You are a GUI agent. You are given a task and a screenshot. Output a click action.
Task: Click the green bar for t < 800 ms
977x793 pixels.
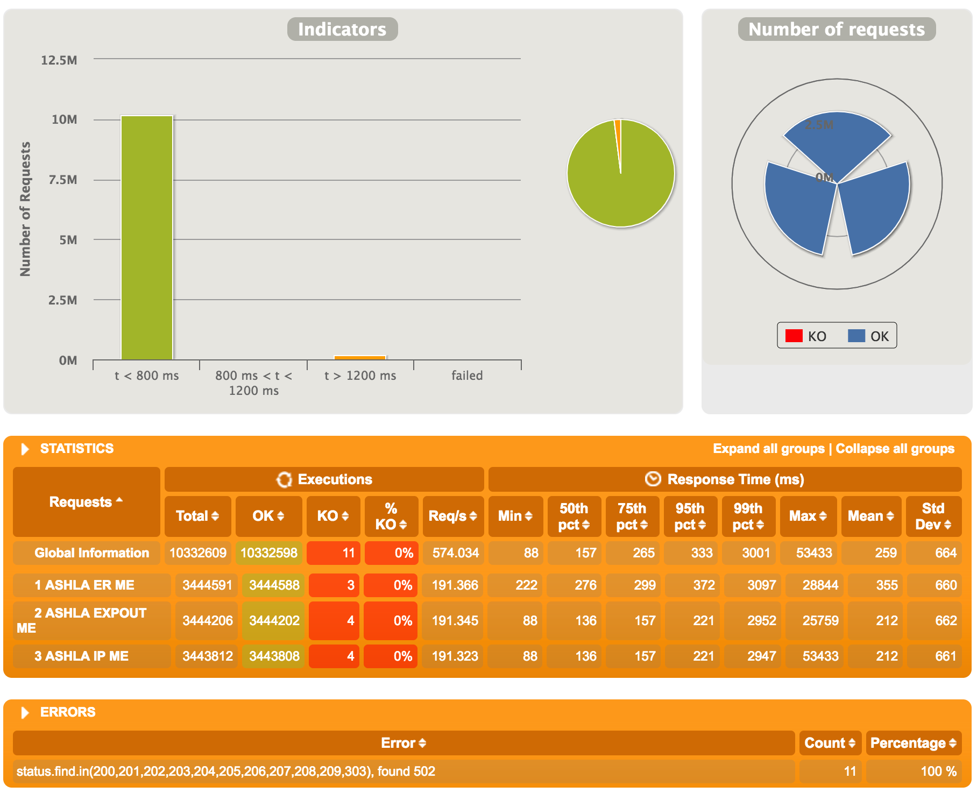[146, 237]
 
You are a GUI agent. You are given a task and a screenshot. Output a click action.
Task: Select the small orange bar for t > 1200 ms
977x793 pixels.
[360, 357]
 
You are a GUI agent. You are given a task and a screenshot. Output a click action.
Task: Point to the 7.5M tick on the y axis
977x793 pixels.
[63, 180]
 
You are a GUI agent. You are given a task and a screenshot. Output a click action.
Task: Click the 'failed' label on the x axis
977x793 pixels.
[467, 376]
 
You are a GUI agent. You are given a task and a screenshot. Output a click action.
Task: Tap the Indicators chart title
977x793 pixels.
[342, 29]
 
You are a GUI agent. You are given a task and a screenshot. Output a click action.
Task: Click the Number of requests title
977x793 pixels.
[837, 29]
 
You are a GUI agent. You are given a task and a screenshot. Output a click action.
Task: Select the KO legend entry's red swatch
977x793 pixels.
[794, 336]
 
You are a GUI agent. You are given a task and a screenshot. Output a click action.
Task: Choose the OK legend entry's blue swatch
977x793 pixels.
[856, 336]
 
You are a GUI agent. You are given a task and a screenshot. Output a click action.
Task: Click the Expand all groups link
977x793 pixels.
[768, 449]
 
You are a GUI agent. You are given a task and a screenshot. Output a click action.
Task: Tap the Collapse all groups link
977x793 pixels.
[895, 449]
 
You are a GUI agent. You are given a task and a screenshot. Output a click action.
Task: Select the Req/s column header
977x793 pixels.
[452, 516]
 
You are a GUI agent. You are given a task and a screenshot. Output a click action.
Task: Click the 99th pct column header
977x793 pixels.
[748, 516]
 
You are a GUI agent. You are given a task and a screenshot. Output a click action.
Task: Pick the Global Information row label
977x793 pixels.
[91, 553]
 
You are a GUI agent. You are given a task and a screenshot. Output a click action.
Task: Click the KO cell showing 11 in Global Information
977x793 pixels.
[334, 553]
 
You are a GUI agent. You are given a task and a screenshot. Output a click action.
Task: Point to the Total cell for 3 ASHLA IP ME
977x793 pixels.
[207, 656]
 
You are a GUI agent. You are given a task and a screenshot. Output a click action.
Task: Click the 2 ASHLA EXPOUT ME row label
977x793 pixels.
[90, 620]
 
